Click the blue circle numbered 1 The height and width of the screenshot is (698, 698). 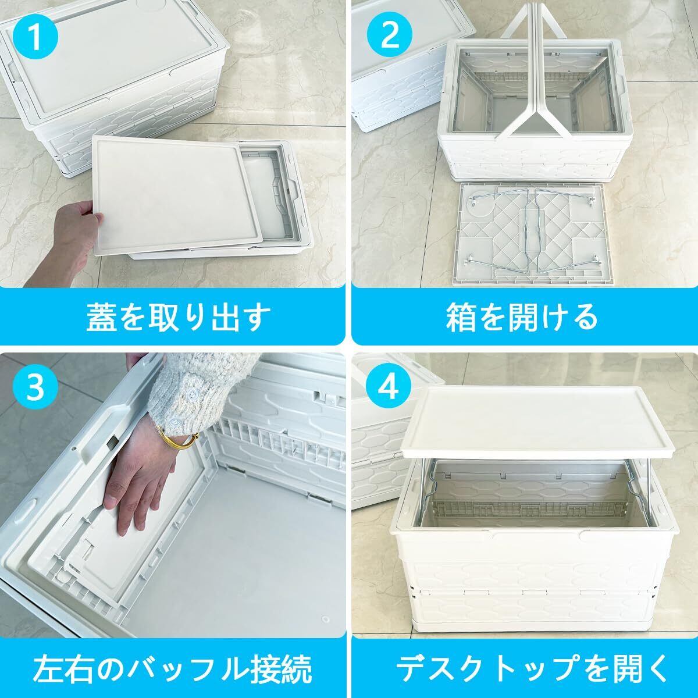pos(35,38)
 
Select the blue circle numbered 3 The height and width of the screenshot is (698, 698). pos(35,388)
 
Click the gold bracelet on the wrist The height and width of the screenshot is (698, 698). pos(179,439)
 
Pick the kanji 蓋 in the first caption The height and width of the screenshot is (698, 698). pos(100,317)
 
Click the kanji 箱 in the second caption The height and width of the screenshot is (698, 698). pos(460,317)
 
